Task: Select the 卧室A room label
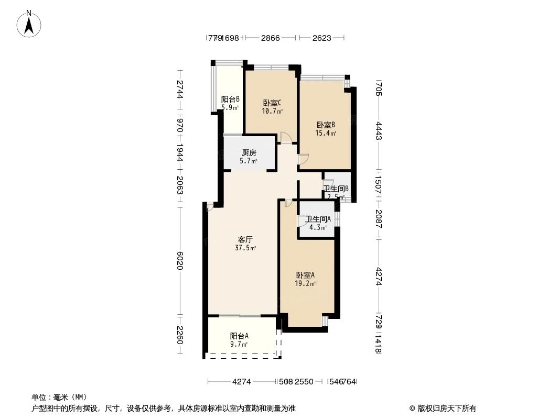[x=305, y=275]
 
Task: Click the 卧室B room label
[x=325, y=125]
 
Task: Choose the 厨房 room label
[x=249, y=153]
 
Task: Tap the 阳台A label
[x=239, y=336]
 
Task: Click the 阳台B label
[x=230, y=99]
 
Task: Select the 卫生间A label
[x=318, y=219]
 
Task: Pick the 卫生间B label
[x=336, y=189]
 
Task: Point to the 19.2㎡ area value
[x=305, y=284]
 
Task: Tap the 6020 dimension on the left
[x=180, y=259]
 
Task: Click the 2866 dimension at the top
[x=271, y=38]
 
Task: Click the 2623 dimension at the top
[x=321, y=38]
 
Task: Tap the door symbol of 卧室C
[x=286, y=138]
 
